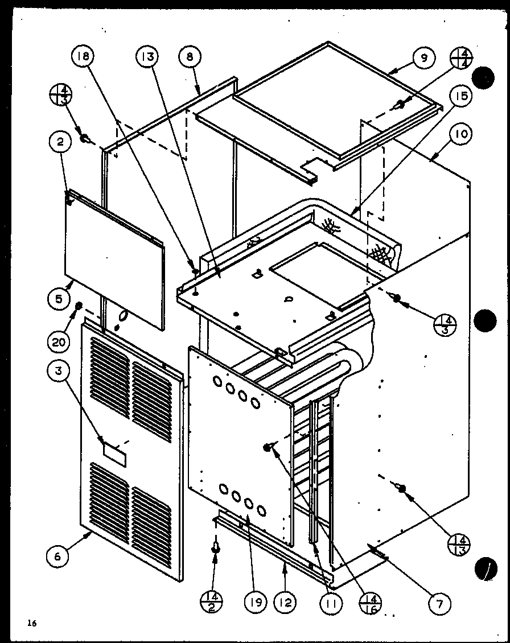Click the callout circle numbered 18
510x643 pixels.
[83, 57]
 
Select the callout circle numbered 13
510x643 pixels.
[147, 57]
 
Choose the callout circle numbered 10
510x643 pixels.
[460, 134]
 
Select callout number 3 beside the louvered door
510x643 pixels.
[59, 371]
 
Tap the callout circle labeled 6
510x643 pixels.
[57, 557]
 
